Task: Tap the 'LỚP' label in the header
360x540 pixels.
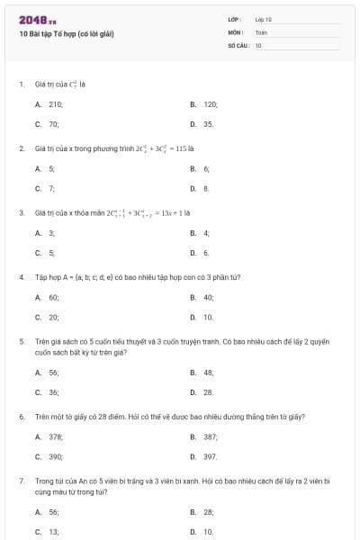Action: (x=236, y=19)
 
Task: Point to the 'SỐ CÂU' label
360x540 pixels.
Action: (x=238, y=45)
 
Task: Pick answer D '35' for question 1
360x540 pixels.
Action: (x=208, y=123)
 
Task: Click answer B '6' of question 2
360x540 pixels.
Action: (x=206, y=168)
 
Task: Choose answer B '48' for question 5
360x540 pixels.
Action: (x=208, y=373)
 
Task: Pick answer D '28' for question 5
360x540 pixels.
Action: (x=208, y=392)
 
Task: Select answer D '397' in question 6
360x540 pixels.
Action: (x=210, y=456)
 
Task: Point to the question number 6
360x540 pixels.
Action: (x=22, y=418)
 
